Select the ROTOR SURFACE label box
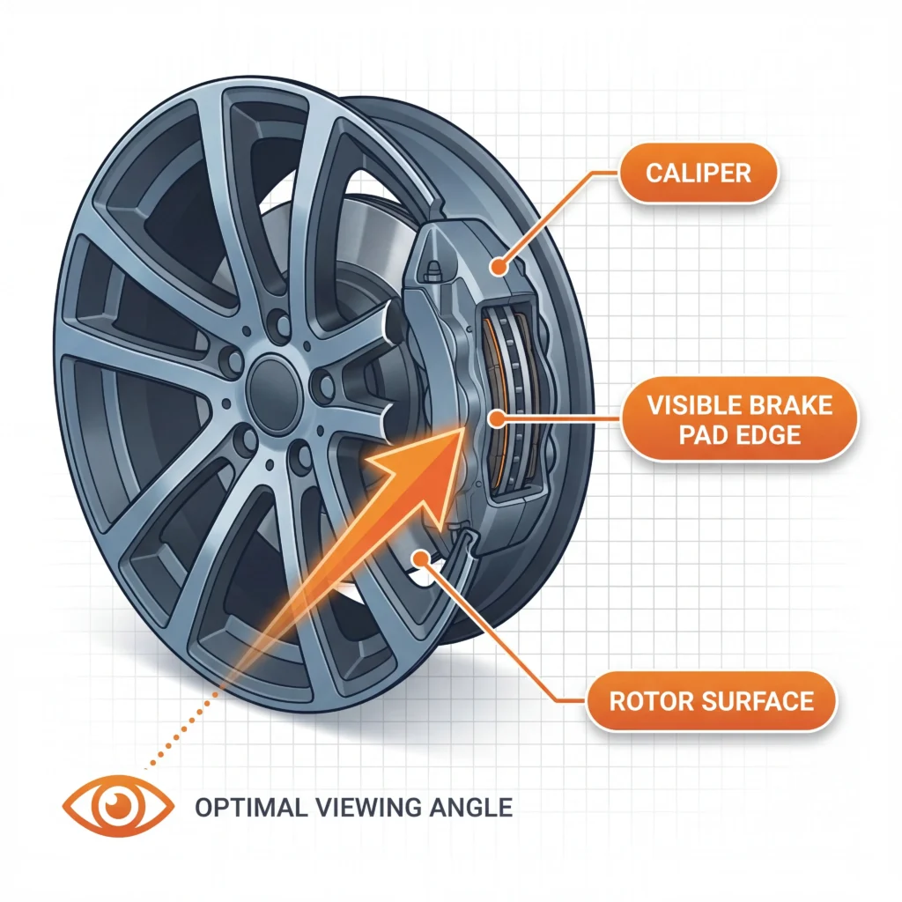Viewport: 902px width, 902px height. pyautogui.click(x=711, y=700)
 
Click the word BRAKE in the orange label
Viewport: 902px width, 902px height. pyautogui.click(x=789, y=406)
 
